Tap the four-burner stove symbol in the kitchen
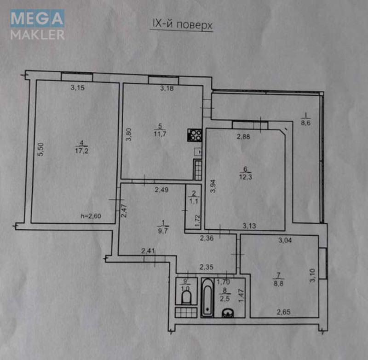[x=194, y=135]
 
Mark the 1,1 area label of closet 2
[x=194, y=201]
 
